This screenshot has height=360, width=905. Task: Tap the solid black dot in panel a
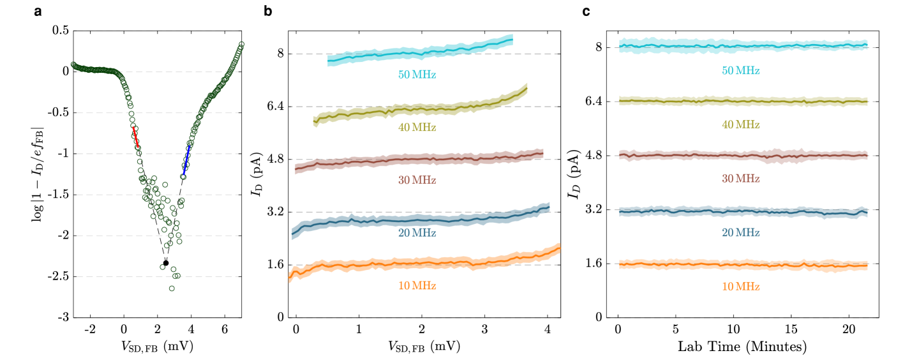[166, 263]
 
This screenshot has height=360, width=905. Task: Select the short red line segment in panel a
[135, 137]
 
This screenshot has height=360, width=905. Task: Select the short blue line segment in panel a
[186, 163]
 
